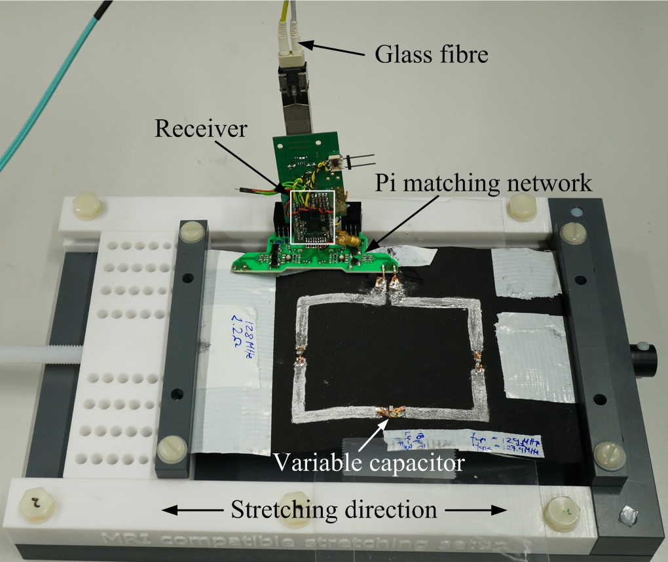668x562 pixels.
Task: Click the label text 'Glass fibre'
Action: tap(431, 54)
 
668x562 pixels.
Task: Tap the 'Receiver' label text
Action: tap(200, 129)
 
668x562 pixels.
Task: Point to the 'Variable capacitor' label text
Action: tap(369, 463)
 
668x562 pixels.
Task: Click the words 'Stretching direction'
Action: tap(333, 510)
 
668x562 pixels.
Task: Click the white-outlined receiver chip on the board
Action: tap(312, 219)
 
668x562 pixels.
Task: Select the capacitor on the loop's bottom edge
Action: tap(390, 411)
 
